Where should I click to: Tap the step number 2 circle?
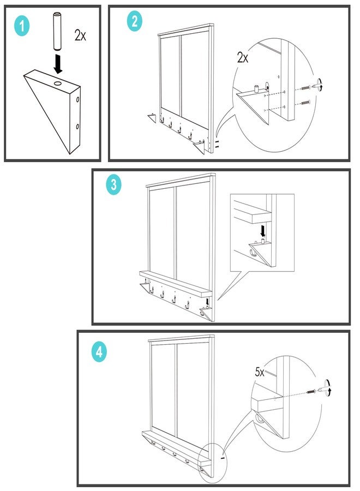pos(135,21)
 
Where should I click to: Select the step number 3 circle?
pos(113,185)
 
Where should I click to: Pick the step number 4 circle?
pos(99,352)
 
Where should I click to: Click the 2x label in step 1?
pos(80,35)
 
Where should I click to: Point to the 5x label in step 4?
pos(260,372)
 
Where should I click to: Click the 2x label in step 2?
pos(243,58)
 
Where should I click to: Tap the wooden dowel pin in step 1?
pos(57,31)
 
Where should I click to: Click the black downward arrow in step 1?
pos(58,64)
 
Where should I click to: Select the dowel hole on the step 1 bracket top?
pos(58,83)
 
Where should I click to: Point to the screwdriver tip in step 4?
pos(319,391)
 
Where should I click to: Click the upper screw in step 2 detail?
pos(305,87)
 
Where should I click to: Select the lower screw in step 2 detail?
pos(305,102)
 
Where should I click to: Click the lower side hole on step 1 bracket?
pos(77,127)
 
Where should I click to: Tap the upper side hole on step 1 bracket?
pos(77,100)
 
